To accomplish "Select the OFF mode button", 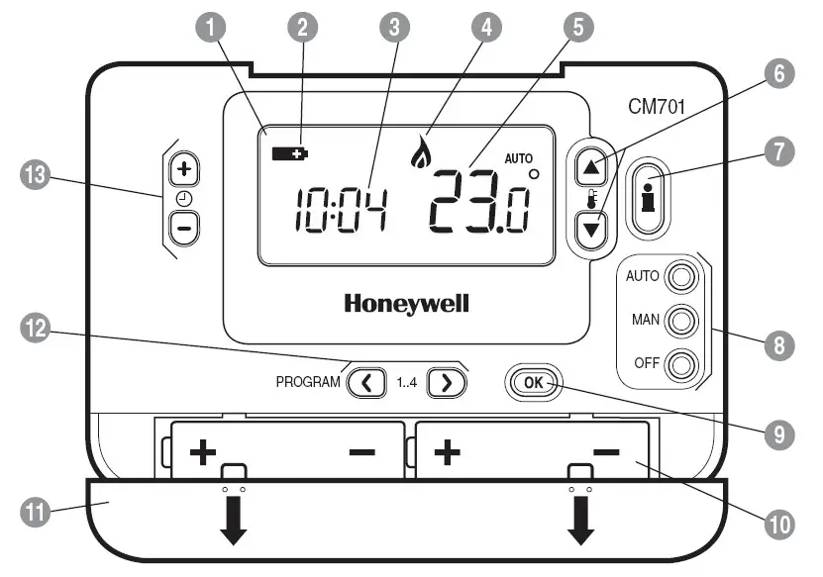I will (679, 366).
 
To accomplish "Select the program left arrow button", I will (367, 381).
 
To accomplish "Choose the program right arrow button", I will (446, 381).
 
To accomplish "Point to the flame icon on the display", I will (422, 150).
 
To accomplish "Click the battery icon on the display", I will (290, 153).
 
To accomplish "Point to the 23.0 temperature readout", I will (478, 202).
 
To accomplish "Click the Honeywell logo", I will (406, 303).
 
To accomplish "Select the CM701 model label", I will (658, 105).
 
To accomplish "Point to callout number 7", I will (779, 150).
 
